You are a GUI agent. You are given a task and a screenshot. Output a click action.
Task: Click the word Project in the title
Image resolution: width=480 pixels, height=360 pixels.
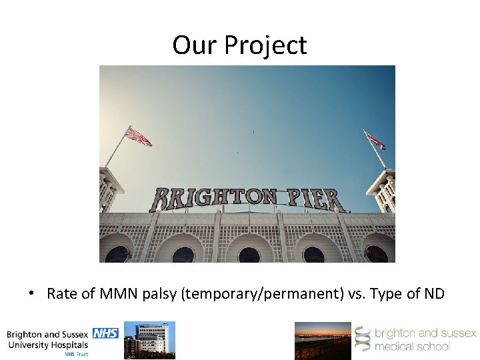[265, 45]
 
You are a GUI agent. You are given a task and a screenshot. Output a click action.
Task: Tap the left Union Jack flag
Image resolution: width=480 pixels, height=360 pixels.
[139, 137]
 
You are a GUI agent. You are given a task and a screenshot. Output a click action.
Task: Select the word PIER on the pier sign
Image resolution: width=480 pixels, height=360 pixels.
[315, 199]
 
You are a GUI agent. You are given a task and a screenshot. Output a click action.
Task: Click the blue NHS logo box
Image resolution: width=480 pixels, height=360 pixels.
[105, 333]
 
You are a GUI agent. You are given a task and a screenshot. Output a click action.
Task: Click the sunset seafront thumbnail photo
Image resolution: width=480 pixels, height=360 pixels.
[323, 341]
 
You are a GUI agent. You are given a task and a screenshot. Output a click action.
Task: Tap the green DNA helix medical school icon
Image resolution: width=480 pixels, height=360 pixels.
[363, 339]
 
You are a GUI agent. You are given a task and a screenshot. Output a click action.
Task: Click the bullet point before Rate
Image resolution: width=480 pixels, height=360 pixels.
[32, 293]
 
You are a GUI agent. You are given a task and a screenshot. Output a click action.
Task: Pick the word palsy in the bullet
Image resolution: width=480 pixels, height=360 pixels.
[160, 294]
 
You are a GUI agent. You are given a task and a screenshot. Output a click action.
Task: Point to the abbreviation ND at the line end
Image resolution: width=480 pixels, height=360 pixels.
[434, 294]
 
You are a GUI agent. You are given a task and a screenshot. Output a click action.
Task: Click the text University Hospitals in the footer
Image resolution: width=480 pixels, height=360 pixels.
[47, 345]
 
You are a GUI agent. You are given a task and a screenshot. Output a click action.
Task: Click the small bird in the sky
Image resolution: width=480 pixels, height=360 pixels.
[253, 132]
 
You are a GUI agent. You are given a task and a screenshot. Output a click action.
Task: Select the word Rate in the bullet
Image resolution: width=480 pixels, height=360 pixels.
[61, 294]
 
